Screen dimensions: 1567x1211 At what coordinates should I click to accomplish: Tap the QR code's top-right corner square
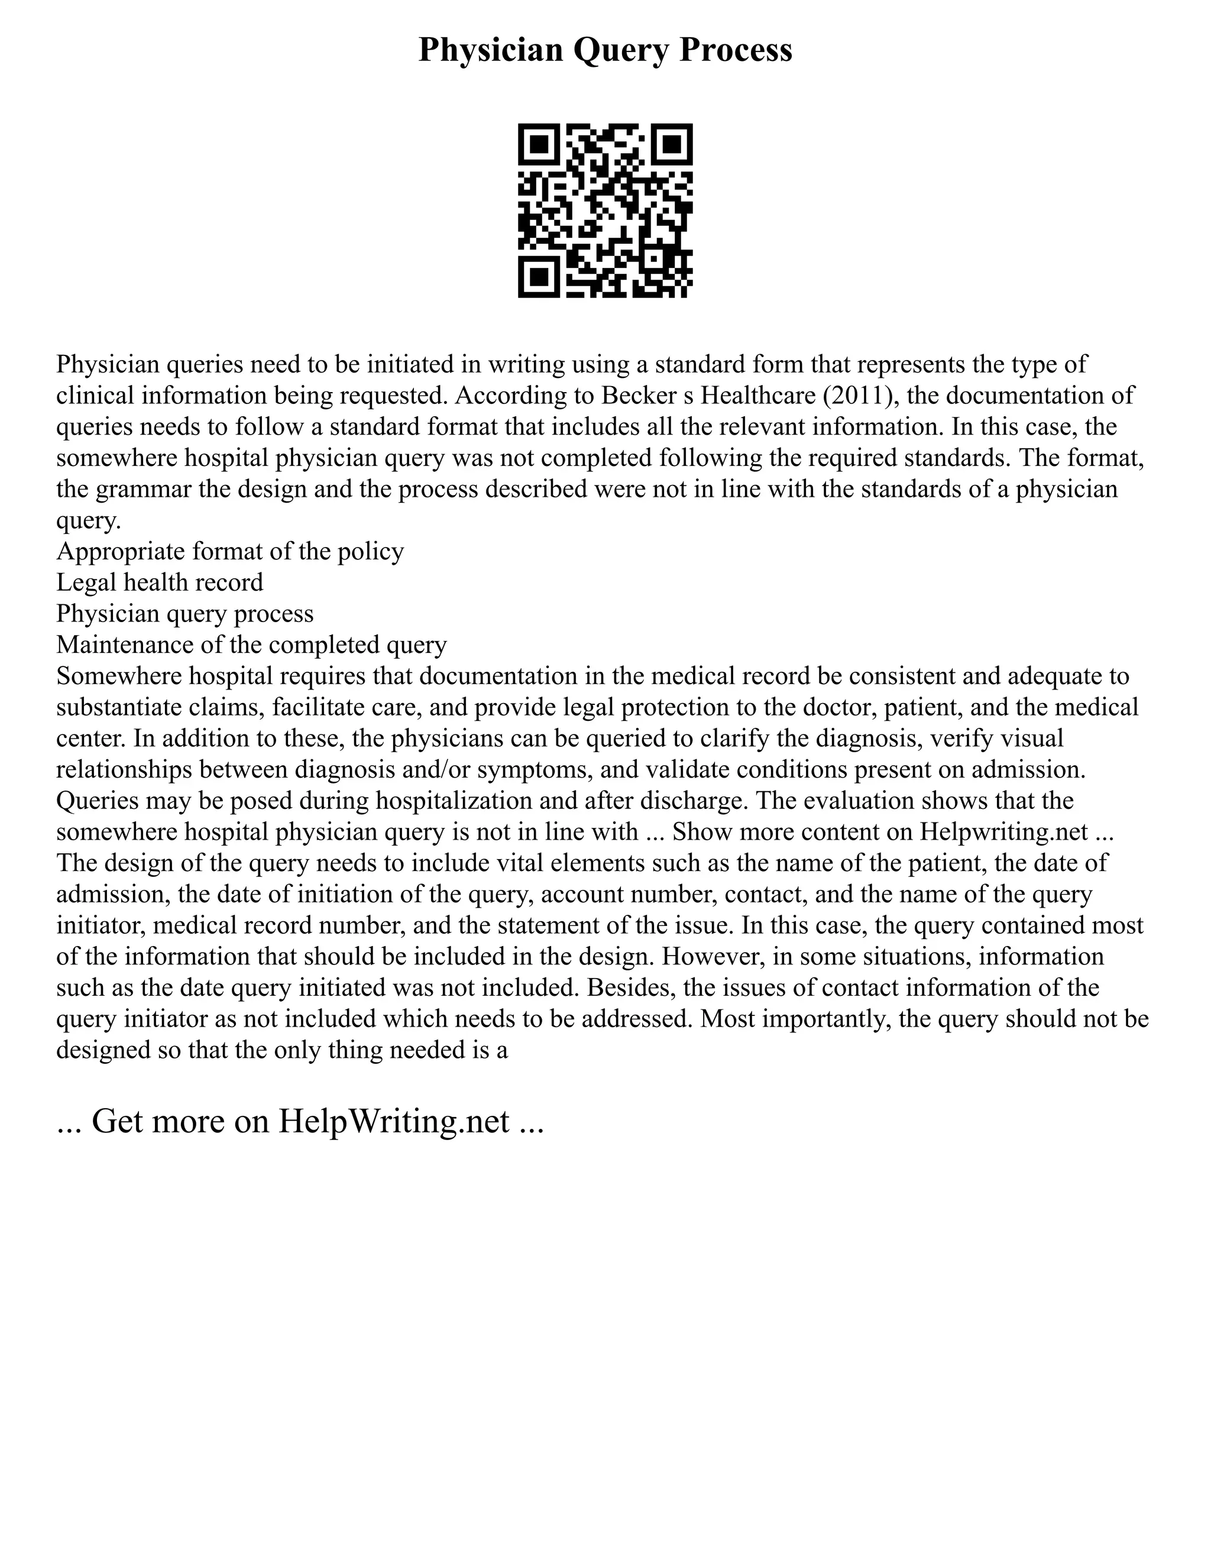tap(672, 144)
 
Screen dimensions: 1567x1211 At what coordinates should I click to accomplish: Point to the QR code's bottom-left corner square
tap(539, 277)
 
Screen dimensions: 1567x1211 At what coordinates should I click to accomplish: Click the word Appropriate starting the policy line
tap(118, 552)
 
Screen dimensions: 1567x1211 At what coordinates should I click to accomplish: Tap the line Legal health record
tap(160, 582)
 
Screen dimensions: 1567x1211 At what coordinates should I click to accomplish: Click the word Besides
tap(629, 988)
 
